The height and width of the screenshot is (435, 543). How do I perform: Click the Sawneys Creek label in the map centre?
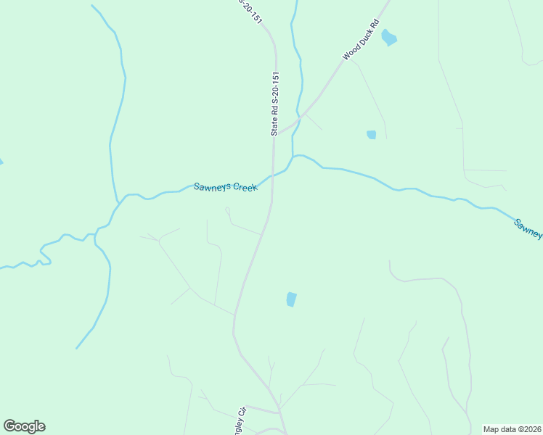[225, 186]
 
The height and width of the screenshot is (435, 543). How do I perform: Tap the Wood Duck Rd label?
[362, 40]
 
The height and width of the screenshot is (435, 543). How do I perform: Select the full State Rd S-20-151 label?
[275, 104]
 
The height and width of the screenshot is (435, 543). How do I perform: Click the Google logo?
[24, 426]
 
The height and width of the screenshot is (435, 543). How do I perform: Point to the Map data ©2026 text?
[513, 428]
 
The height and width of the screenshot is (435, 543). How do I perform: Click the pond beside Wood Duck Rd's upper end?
[389, 37]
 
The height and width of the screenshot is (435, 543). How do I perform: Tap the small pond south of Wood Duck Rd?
[372, 134]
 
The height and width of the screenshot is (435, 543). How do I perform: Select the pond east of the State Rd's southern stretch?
[291, 299]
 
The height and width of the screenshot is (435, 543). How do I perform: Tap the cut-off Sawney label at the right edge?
[528, 228]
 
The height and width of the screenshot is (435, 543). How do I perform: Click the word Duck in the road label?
[364, 38]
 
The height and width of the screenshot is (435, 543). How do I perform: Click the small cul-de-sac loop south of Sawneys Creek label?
[227, 210]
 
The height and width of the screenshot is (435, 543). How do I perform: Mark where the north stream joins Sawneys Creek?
[294, 156]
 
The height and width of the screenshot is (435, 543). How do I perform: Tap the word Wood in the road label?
[349, 53]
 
